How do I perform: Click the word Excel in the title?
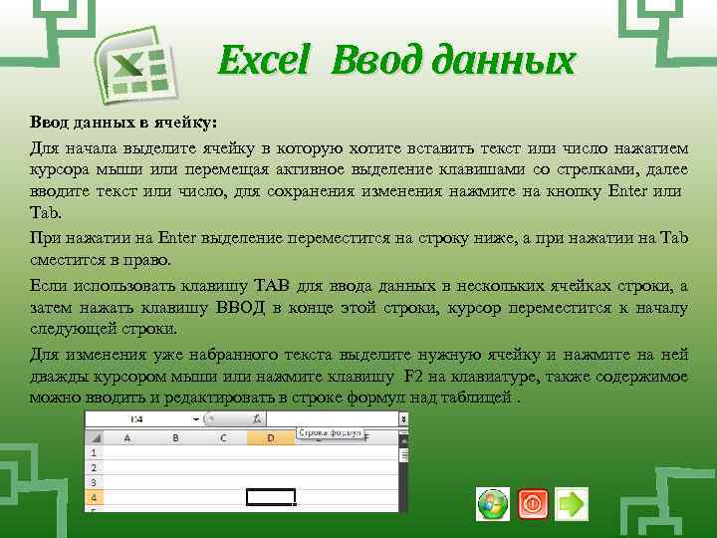coord(264,62)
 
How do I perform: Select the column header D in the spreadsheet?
coord(271,436)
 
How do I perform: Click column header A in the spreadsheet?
coord(126,436)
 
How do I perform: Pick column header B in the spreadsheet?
coord(175,436)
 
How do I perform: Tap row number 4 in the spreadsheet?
coord(93,495)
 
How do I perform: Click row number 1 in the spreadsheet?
coord(93,451)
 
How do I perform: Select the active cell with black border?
coord(271,496)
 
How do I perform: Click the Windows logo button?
coord(492,504)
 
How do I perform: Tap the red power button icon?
coord(533,504)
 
